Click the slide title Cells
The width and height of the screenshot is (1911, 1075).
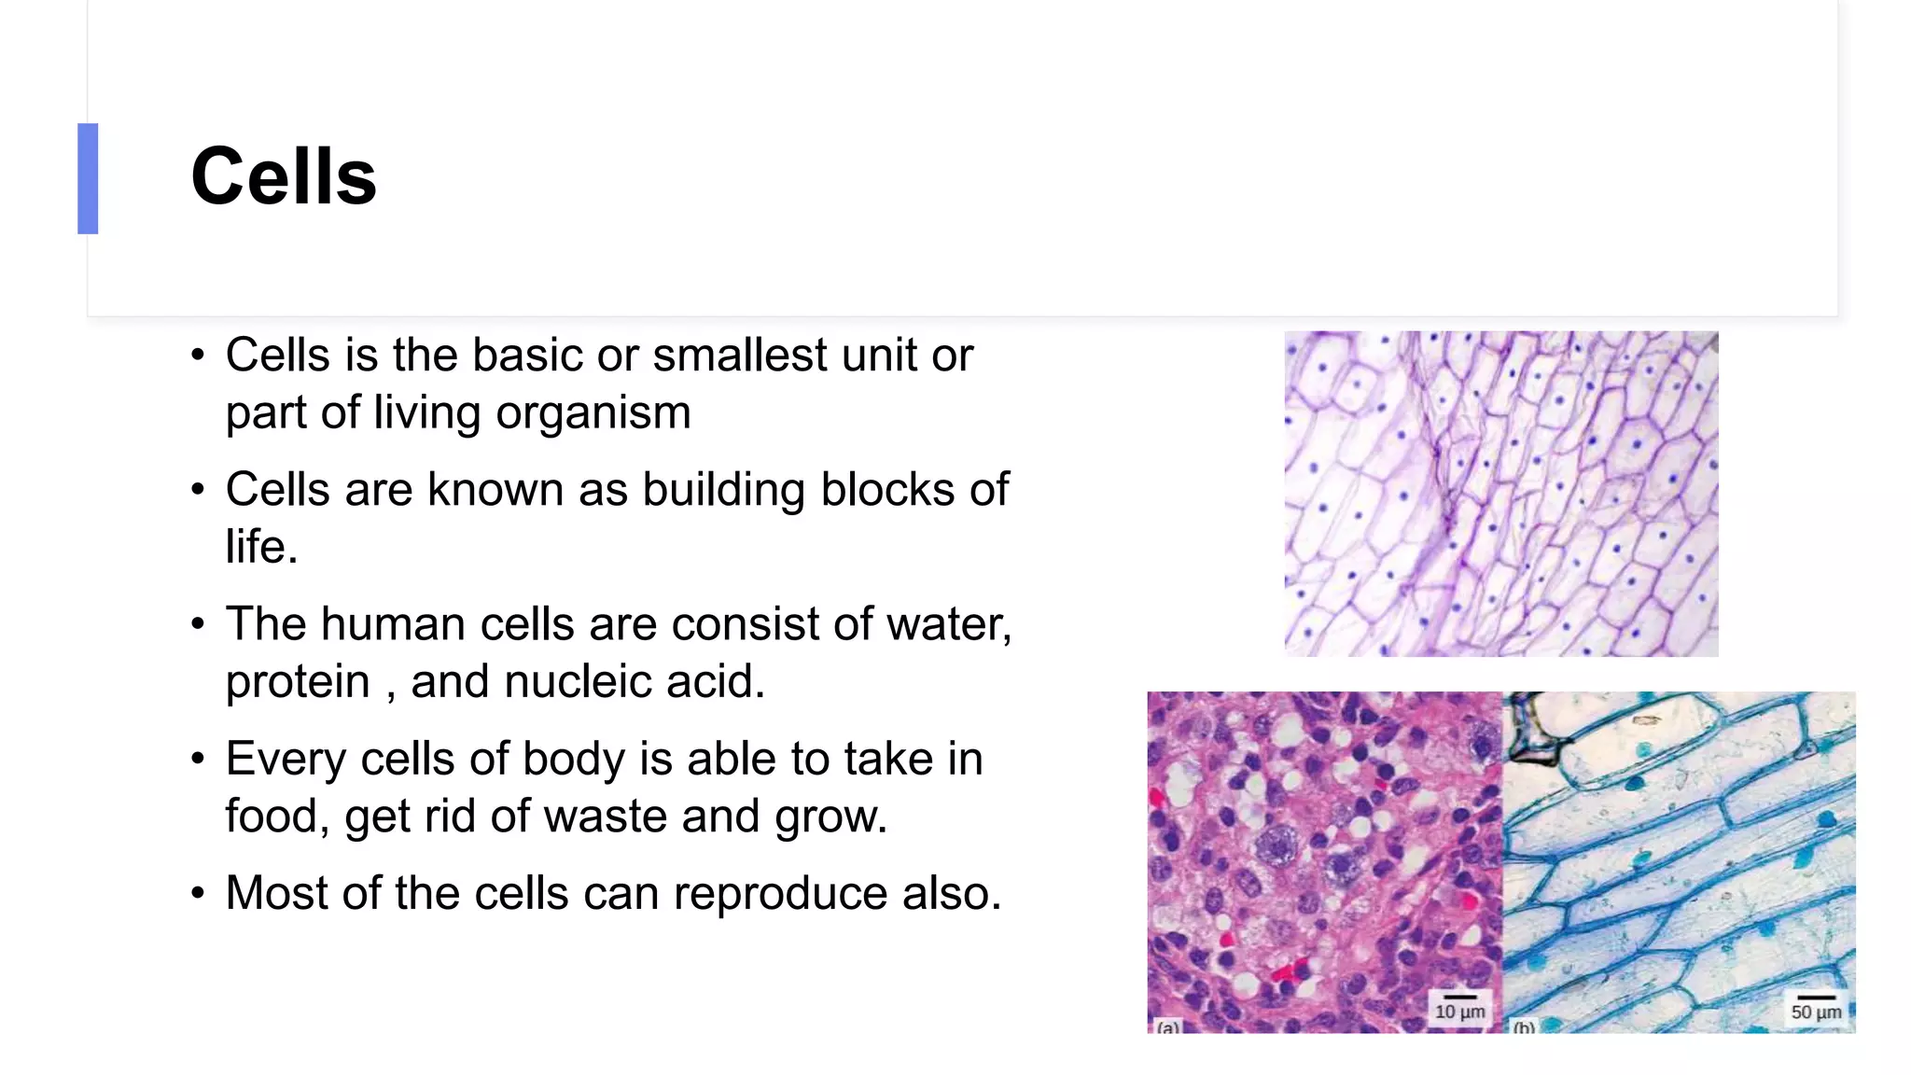tap(284, 177)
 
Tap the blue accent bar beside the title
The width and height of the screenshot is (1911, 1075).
tap(88, 178)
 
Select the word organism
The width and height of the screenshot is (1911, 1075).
tap(593, 412)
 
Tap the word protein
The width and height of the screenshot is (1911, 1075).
tap(298, 682)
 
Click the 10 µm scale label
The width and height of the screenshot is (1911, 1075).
tap(1459, 1011)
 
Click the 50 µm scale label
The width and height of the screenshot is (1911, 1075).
tap(1816, 1012)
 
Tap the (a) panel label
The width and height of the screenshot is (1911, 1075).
tap(1167, 1027)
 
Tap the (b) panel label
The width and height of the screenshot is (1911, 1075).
tap(1524, 1027)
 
